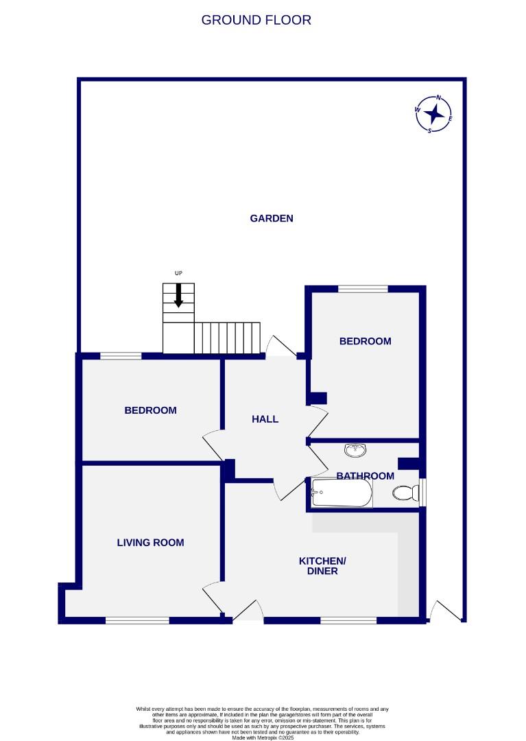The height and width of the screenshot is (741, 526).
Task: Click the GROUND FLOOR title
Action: point(256,20)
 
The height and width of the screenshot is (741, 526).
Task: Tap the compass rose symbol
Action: point(433,114)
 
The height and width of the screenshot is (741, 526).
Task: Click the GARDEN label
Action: point(272,218)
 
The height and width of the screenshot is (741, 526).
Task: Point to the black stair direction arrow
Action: point(178,296)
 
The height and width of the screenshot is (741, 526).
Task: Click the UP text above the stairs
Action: point(178,273)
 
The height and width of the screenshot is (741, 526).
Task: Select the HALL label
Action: point(265,419)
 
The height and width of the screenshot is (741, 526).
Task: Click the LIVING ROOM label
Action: point(150,542)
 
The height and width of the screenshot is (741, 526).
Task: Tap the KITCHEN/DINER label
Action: point(322,565)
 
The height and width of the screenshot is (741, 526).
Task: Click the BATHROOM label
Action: point(365,475)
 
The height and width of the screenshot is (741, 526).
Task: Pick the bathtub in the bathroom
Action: point(342,493)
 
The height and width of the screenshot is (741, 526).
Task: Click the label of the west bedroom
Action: point(150,410)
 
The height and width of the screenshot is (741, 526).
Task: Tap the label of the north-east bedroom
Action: point(365,341)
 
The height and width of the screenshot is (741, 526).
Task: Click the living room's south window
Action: point(137,620)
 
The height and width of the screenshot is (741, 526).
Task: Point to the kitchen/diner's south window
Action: point(348,620)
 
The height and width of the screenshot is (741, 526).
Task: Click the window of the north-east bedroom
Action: point(363,289)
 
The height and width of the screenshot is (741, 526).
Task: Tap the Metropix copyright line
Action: point(263,737)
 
